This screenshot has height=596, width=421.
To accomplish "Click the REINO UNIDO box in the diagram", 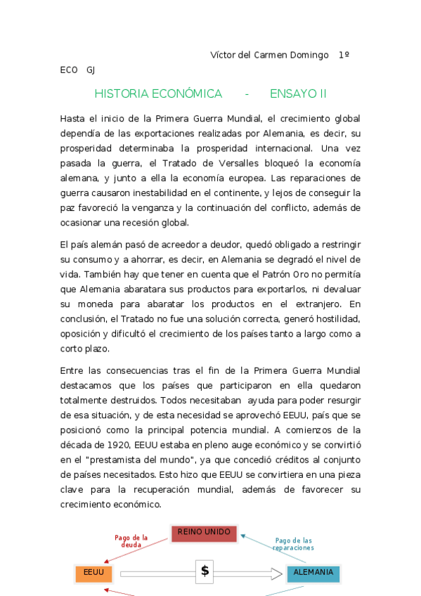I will coord(204,533).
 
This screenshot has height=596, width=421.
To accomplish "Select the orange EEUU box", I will coord(93,573).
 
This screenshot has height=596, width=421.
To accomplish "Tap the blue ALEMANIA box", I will coord(313,573).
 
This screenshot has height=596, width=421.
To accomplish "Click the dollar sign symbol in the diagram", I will coord(205,571).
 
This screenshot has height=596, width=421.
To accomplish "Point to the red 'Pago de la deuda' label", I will coord(131,541).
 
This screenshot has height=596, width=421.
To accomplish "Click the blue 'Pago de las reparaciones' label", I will coord(293,544).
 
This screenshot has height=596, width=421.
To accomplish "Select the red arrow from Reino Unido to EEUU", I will coord(138,551).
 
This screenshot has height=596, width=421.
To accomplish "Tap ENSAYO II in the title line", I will coord(298,94).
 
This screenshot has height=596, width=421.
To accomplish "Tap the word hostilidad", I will coord(337,318).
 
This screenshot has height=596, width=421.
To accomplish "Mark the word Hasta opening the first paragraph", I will coord(72,119).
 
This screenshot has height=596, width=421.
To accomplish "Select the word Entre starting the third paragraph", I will coord(72,370).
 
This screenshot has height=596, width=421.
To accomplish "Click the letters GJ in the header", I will coord(91,70).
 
